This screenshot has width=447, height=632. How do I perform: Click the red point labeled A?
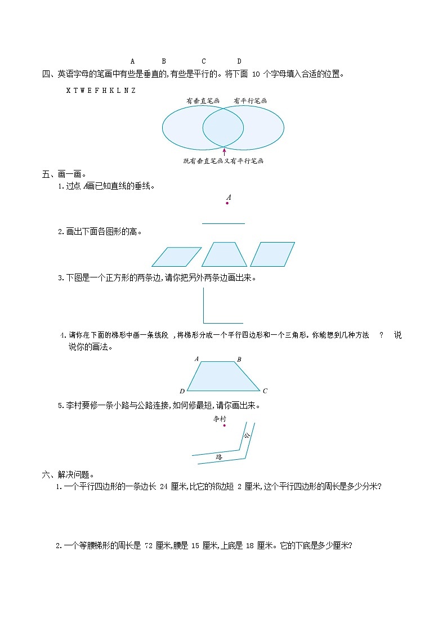(x=227, y=203)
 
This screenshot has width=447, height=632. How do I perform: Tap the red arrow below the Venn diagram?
(x=224, y=151)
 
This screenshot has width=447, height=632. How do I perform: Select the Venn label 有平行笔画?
(x=250, y=101)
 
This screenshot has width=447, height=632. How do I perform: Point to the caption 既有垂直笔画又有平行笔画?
(x=223, y=161)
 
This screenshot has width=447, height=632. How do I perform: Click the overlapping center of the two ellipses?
(x=223, y=128)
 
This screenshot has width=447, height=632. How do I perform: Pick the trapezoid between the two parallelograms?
(x=224, y=254)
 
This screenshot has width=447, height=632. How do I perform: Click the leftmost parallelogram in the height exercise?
(x=176, y=257)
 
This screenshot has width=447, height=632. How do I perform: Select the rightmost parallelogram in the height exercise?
(x=272, y=254)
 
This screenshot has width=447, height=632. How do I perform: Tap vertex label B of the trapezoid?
(x=239, y=359)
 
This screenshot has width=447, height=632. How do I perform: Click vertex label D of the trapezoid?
(x=182, y=391)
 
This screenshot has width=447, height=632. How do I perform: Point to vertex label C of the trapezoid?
(x=265, y=391)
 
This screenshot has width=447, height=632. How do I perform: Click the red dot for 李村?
(x=224, y=425)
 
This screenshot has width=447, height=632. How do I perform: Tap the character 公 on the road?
(x=247, y=435)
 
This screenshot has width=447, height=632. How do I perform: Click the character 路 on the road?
(x=219, y=457)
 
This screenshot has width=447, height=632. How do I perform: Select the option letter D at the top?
(x=239, y=61)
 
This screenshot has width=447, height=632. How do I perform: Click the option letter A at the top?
(x=132, y=61)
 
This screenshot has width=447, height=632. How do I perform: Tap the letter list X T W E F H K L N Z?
(x=100, y=90)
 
